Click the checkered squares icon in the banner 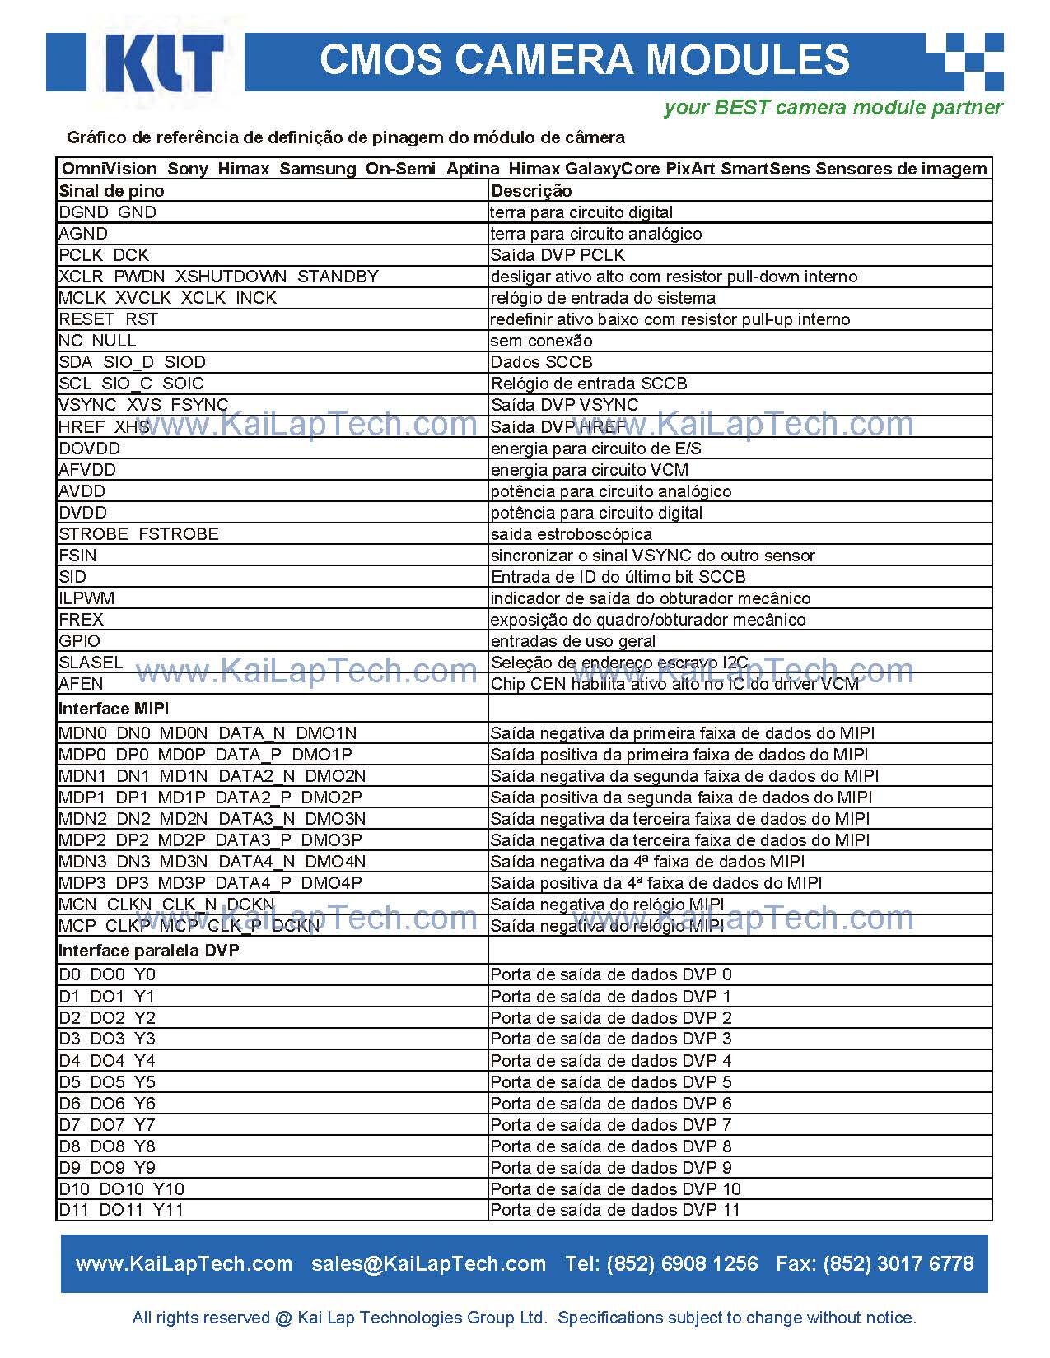(964, 62)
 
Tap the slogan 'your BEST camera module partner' (833, 108)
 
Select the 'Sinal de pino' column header (111, 191)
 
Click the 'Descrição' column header (531, 191)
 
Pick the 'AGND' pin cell (83, 234)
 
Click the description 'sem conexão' (541, 341)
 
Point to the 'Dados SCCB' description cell (541, 362)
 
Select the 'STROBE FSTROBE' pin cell (138, 534)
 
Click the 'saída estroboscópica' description (571, 534)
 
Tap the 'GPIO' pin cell (79, 641)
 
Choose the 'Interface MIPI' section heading (114, 709)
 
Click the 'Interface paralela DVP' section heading (148, 951)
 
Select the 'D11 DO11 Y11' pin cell (121, 1210)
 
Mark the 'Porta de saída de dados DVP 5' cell (610, 1082)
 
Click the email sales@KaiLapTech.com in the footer (428, 1264)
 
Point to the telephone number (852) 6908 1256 (682, 1264)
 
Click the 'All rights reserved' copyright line (524, 1318)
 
